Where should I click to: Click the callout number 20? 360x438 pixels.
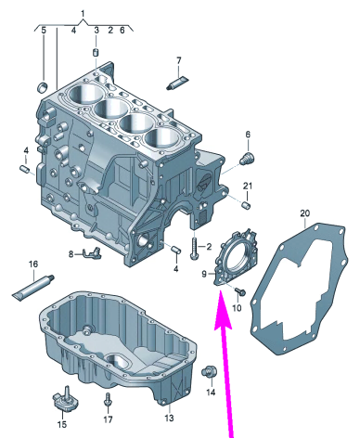304,213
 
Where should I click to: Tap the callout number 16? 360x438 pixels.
33,264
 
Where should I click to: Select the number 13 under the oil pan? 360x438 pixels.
169,418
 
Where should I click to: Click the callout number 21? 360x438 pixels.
248,186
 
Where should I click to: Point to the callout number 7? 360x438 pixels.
179,60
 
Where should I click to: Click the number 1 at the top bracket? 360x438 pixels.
83,13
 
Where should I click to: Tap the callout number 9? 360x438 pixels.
204,274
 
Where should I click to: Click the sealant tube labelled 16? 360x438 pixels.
33,287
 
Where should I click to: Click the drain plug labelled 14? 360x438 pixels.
210,371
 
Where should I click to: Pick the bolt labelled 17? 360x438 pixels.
108,400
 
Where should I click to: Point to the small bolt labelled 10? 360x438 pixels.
239,290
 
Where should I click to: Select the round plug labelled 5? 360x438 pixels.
43,87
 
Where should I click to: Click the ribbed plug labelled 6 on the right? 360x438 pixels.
247,158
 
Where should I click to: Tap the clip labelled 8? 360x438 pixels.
91,252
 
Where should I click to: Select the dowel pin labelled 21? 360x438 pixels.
246,205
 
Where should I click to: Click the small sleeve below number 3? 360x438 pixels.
96,52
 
